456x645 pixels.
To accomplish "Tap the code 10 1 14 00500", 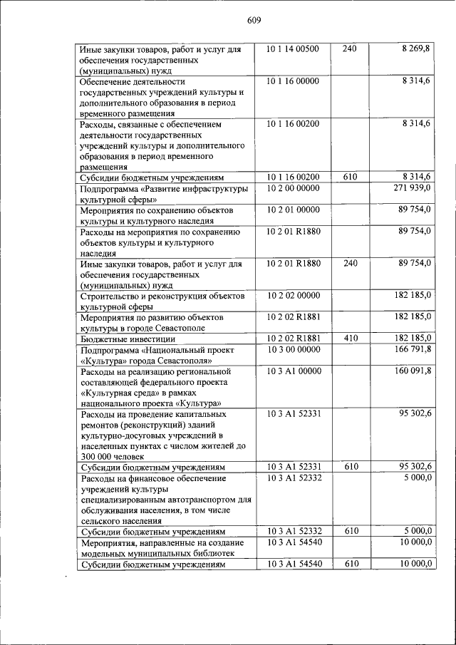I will tap(293, 49).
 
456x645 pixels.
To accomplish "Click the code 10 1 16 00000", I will tap(293, 81).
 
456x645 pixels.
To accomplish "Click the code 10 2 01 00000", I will tap(293, 210).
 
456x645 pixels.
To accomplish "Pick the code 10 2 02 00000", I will tap(293, 295).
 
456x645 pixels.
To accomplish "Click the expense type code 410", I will tap(351, 338).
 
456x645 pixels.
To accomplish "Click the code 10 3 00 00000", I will tap(293, 349).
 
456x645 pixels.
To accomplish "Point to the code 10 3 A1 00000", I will tap(294, 371).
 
